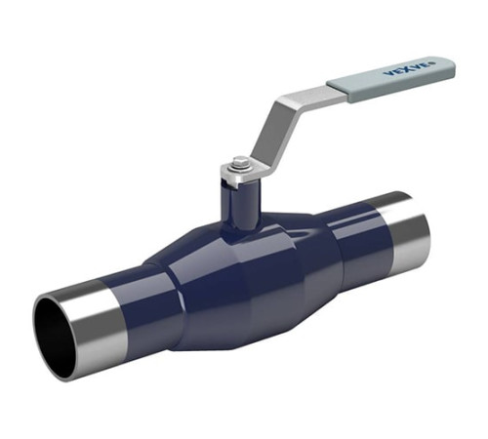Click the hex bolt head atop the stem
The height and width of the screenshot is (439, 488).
[240, 162]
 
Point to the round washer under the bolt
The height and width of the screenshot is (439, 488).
[240, 168]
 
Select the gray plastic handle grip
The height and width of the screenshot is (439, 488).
[391, 79]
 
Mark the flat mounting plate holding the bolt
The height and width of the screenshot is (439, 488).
[242, 173]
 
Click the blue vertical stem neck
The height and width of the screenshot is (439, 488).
[241, 205]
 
